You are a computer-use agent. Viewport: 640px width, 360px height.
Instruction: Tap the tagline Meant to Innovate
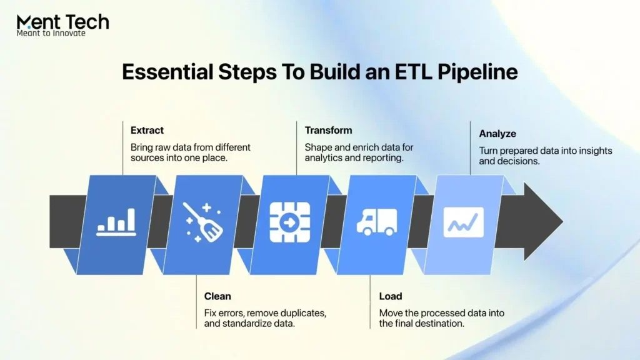[x=51, y=33]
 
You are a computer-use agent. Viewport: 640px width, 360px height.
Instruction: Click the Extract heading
[x=147, y=131]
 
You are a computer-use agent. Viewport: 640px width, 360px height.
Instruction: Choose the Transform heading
[x=328, y=131]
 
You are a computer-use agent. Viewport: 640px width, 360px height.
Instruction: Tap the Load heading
[x=390, y=296]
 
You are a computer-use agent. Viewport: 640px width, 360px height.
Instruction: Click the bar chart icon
[x=116, y=222]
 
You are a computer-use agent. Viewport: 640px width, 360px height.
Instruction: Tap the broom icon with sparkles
[x=204, y=222]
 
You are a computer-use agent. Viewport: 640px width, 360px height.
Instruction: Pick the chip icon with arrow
[x=290, y=222]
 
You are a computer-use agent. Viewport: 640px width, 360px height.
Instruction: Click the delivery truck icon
[x=376, y=222]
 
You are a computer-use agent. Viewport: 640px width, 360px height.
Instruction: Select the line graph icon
[x=463, y=222]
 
